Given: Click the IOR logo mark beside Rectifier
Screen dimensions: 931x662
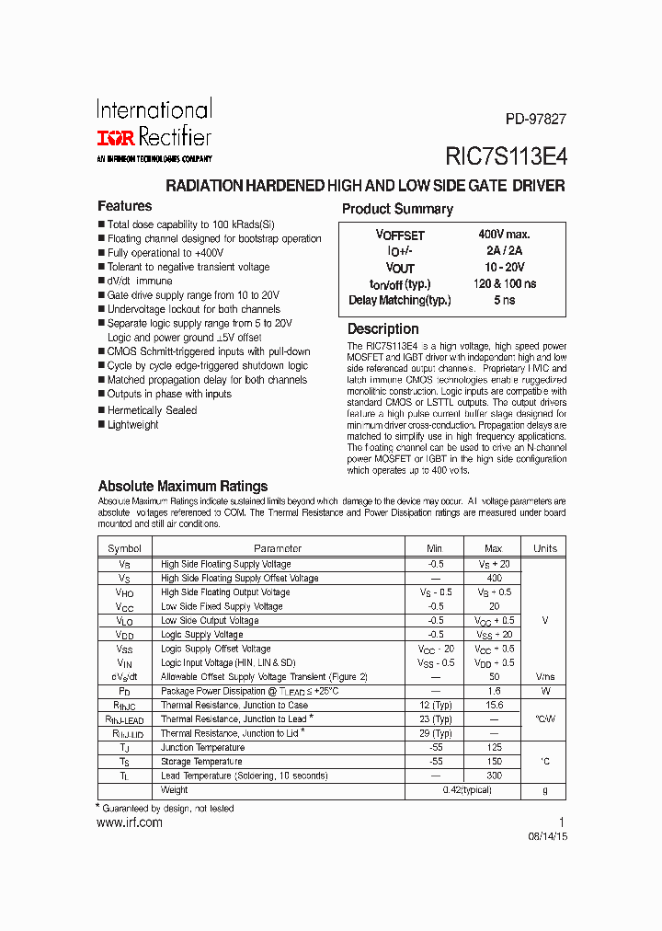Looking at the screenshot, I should (115, 138).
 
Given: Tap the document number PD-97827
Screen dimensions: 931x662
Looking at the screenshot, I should (535, 119).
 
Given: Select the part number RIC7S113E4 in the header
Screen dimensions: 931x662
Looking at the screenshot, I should (506, 155).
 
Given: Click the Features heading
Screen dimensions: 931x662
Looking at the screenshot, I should (124, 206).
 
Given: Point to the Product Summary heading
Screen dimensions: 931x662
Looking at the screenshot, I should (397, 209).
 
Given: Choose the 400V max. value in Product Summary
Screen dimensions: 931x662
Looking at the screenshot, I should (504, 236).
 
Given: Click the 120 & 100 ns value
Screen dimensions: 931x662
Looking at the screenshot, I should (505, 284).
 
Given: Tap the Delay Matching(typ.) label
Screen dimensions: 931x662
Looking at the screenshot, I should (399, 301).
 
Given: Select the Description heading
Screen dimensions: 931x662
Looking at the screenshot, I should (382, 329).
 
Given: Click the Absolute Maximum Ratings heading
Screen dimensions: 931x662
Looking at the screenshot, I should (182, 486).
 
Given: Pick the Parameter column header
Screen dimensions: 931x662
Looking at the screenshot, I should (278, 548).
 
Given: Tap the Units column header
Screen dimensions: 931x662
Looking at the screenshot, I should (545, 548).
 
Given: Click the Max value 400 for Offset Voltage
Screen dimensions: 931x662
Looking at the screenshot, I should (494, 579).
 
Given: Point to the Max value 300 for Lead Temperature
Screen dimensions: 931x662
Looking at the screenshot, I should (494, 776).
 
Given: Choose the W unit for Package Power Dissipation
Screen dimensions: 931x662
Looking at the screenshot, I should (545, 691).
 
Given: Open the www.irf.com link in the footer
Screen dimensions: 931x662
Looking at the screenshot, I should (130, 822).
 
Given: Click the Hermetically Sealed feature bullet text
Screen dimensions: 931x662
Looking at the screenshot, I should (152, 410).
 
